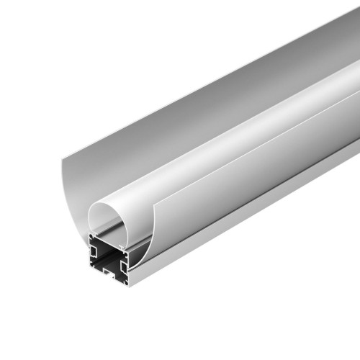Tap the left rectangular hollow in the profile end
[x=94, y=254]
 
